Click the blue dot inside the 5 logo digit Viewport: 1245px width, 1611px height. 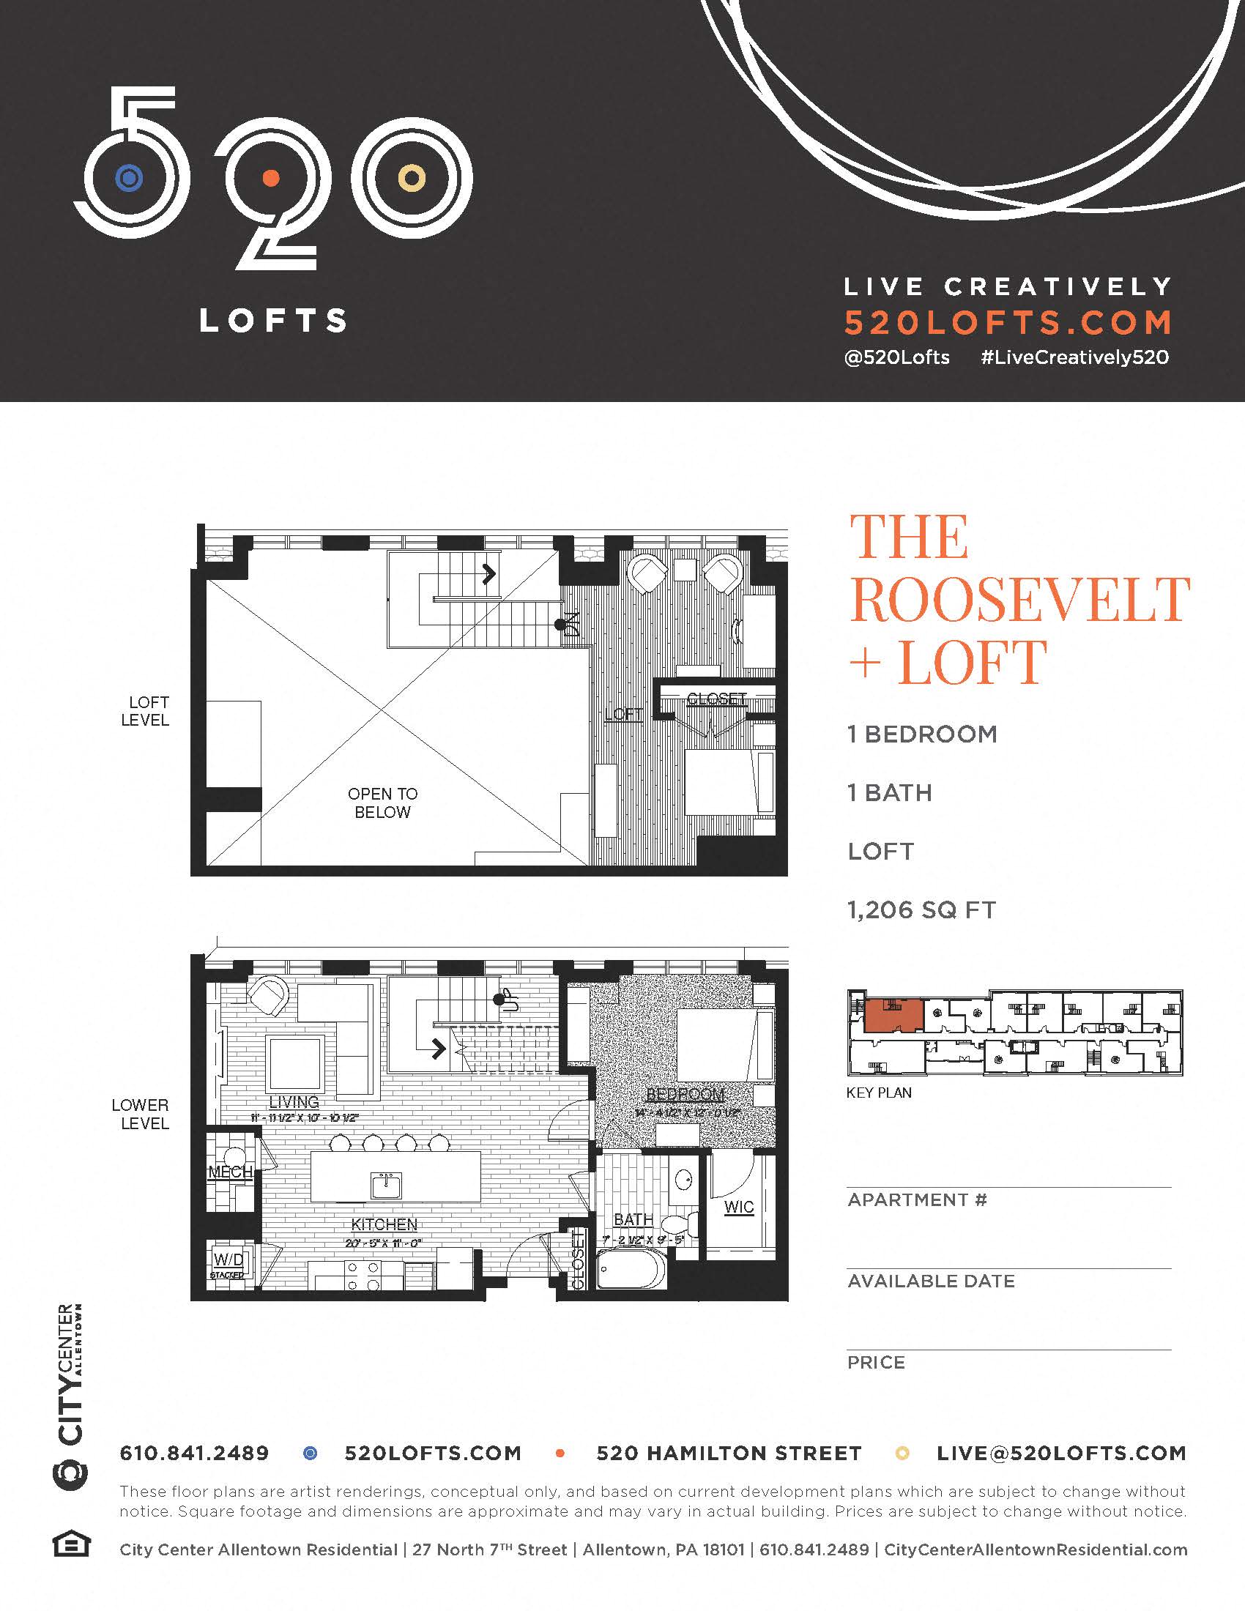[x=129, y=178]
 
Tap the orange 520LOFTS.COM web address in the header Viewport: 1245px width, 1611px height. [x=1008, y=322]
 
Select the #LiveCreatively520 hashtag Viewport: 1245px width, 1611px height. [x=1074, y=358]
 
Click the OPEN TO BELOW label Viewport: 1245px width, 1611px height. [x=382, y=803]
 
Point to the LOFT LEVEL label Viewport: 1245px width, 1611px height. [x=146, y=711]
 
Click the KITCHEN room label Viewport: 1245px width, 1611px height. [x=384, y=1224]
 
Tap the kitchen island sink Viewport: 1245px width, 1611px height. [x=387, y=1187]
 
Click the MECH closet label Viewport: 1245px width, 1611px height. [x=230, y=1172]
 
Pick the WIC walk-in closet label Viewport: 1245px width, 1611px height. [x=738, y=1207]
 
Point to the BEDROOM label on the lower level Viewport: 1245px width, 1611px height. [x=685, y=1095]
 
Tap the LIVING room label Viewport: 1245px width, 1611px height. [x=294, y=1102]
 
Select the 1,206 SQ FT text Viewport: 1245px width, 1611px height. [x=921, y=910]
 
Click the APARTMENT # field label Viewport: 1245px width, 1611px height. [x=917, y=1200]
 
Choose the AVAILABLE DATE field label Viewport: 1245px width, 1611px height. [x=931, y=1281]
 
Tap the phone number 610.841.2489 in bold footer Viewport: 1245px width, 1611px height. [x=195, y=1453]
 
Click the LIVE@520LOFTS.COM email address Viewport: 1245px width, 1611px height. [x=1061, y=1453]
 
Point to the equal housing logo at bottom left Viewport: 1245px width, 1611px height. [x=72, y=1544]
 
